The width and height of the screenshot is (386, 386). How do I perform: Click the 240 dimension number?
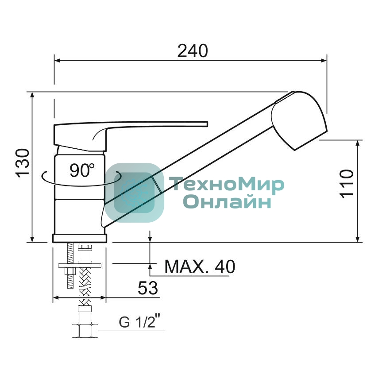193,51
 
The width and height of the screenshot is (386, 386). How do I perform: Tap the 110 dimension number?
347,183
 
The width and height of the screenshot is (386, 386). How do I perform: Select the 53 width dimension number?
148,288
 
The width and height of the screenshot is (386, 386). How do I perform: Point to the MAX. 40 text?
200,266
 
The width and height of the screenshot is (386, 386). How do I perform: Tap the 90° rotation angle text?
82,170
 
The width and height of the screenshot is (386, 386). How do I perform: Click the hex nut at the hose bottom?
85,331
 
